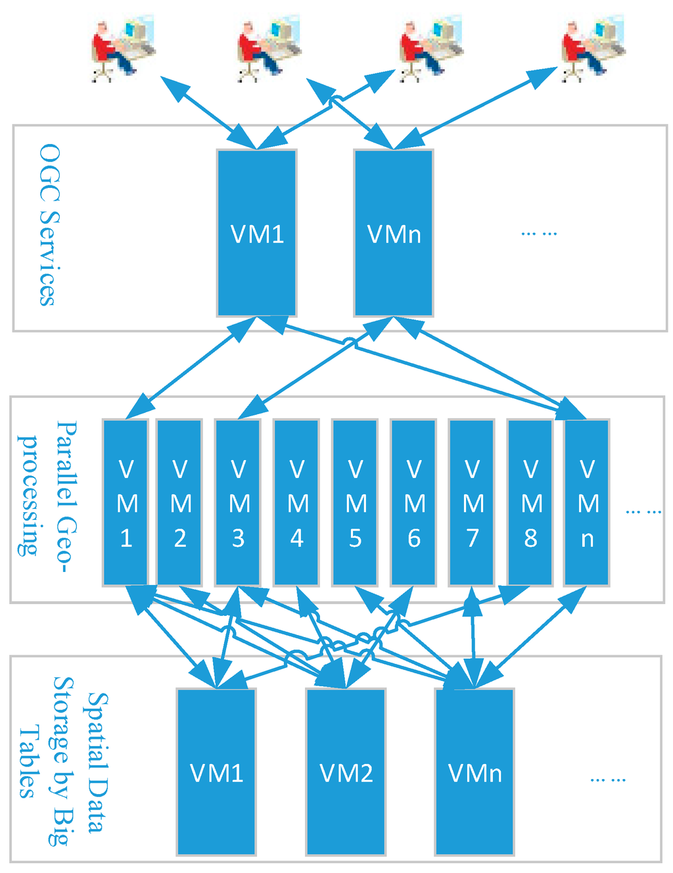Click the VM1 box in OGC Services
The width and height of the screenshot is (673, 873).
click(256, 233)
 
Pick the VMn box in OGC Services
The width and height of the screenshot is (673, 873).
click(393, 233)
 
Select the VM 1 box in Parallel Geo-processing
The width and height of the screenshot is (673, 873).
click(126, 503)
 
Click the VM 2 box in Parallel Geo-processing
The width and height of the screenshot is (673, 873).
click(179, 503)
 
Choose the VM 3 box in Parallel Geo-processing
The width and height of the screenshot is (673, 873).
click(238, 503)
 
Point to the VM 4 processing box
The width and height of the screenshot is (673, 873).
click(296, 503)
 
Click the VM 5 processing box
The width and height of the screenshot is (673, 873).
click(355, 503)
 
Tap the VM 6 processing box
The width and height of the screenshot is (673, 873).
click(413, 503)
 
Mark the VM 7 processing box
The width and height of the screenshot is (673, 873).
click(472, 503)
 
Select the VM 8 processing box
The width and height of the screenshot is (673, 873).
click(530, 503)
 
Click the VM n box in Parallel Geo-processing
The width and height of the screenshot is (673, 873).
click(587, 503)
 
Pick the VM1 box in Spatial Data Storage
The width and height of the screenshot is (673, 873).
click(216, 772)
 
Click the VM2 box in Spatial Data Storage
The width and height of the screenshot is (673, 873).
click(346, 772)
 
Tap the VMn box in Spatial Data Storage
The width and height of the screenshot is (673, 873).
click(475, 772)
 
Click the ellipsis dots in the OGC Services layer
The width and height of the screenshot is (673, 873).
click(539, 233)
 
